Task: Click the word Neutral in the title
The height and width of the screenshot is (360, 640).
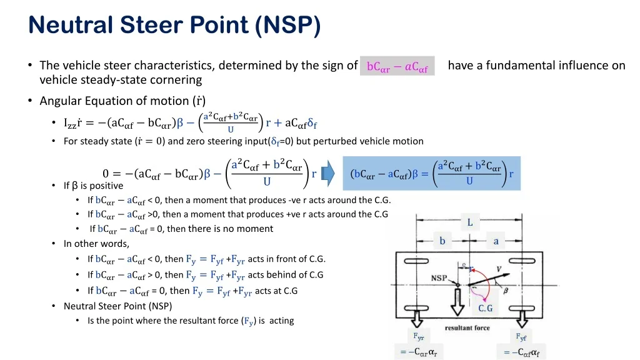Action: (x=70, y=24)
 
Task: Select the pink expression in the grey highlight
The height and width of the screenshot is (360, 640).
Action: (x=397, y=66)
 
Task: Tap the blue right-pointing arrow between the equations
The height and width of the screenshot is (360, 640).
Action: (x=327, y=174)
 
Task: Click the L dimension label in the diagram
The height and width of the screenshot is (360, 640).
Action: (x=470, y=222)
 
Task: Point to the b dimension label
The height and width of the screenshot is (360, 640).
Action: (x=442, y=241)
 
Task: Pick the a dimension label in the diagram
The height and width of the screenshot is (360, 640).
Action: (x=496, y=241)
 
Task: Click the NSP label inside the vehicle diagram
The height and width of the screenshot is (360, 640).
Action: (x=439, y=278)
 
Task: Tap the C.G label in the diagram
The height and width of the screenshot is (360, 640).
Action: (x=485, y=308)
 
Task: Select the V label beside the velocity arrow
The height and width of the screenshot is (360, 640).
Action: (x=498, y=269)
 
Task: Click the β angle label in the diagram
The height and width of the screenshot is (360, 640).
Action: (x=506, y=291)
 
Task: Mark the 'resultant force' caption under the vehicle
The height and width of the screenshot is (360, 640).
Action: (x=467, y=327)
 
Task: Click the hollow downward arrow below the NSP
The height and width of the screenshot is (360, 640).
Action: (x=457, y=302)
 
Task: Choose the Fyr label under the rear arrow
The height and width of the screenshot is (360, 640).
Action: (x=418, y=336)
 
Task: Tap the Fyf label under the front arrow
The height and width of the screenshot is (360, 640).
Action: (x=521, y=337)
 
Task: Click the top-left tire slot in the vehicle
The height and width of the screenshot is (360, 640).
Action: (x=416, y=261)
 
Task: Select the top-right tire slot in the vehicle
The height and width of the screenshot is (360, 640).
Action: (x=522, y=261)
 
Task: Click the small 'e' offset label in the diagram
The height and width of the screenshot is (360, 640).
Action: (x=464, y=265)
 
